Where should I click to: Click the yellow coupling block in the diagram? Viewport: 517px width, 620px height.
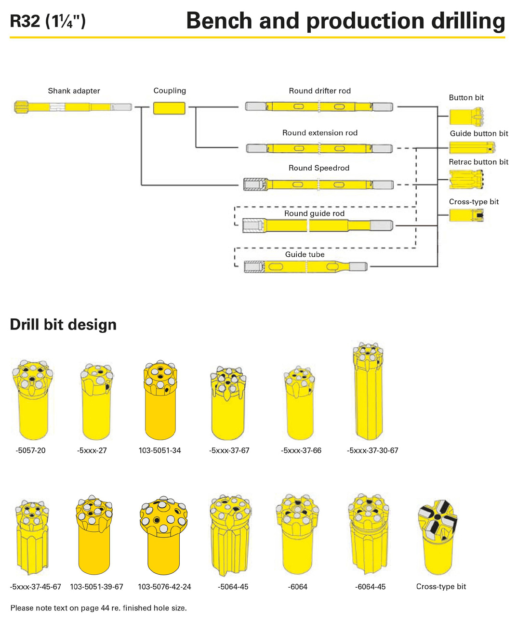pos(169,108)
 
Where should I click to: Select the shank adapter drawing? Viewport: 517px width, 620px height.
pos(73,106)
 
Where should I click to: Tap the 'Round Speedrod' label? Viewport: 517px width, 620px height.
pos(319,168)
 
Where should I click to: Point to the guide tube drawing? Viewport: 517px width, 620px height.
pos(305,266)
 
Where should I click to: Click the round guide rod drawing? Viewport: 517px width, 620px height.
pos(318,225)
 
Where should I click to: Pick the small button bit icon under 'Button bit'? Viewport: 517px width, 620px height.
pos(466,117)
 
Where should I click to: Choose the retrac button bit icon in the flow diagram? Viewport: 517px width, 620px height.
pos(466,179)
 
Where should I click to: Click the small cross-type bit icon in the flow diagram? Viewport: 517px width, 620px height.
pos(466,215)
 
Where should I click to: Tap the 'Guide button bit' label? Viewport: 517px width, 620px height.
pos(478,133)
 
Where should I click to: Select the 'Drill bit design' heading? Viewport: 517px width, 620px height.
pos(63,324)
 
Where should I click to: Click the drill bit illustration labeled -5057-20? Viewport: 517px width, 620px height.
pos(33,400)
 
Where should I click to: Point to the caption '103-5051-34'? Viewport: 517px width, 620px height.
pos(159,450)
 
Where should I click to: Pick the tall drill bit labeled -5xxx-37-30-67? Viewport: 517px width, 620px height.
pos(368,391)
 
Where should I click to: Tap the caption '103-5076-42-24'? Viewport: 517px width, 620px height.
pos(164,586)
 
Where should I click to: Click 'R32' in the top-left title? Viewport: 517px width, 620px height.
pos(25,21)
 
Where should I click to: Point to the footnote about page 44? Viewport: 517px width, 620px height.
pos(99,608)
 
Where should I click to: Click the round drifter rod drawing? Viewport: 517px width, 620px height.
pos(319,106)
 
